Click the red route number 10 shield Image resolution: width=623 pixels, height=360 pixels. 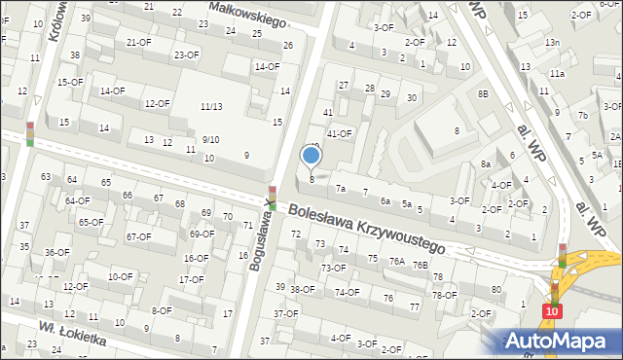coord(553,310)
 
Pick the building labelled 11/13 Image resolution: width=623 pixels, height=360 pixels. coord(210,106)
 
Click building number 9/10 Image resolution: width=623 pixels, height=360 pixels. coord(210,139)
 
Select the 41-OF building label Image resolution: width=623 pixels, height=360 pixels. coord(339,133)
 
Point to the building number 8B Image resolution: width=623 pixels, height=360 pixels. coord(482,93)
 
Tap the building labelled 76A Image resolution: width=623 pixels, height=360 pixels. coord(396,262)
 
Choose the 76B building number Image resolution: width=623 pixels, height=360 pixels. coord(420,265)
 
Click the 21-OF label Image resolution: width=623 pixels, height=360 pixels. coord(139,43)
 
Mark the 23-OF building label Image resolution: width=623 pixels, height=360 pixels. coord(187,54)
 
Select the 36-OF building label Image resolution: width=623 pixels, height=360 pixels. coord(56,252)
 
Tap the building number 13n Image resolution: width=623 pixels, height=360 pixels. coord(552,43)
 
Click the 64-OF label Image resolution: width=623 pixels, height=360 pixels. coord(77,200)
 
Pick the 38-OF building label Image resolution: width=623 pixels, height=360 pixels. coord(303,289)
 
